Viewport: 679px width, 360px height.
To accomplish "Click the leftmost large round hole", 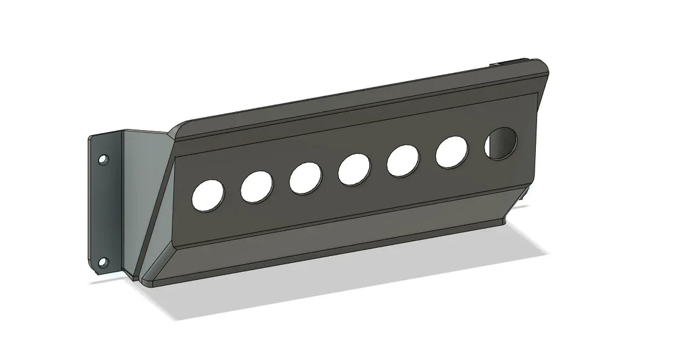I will (208, 195).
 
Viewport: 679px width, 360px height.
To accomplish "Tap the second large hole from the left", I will (256, 186).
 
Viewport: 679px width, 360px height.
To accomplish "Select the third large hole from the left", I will (305, 177).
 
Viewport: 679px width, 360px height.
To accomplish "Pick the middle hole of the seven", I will (354, 169).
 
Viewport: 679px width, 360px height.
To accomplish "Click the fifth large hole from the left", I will (403, 160).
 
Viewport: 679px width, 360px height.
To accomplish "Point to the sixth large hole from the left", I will (452, 152).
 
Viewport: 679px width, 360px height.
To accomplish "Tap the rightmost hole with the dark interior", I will (501, 143).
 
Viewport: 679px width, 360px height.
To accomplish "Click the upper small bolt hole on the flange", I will (103, 160).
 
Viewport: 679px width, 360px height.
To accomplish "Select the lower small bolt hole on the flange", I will (103, 261).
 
